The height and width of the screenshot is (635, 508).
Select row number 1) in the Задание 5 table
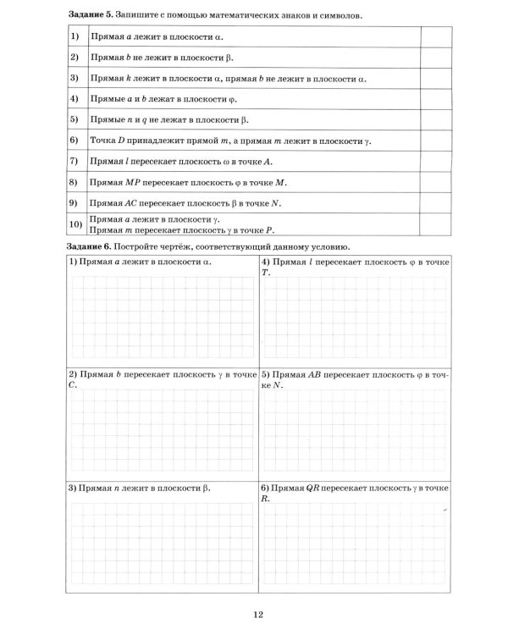75,36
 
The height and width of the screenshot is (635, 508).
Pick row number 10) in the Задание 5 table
75,224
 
